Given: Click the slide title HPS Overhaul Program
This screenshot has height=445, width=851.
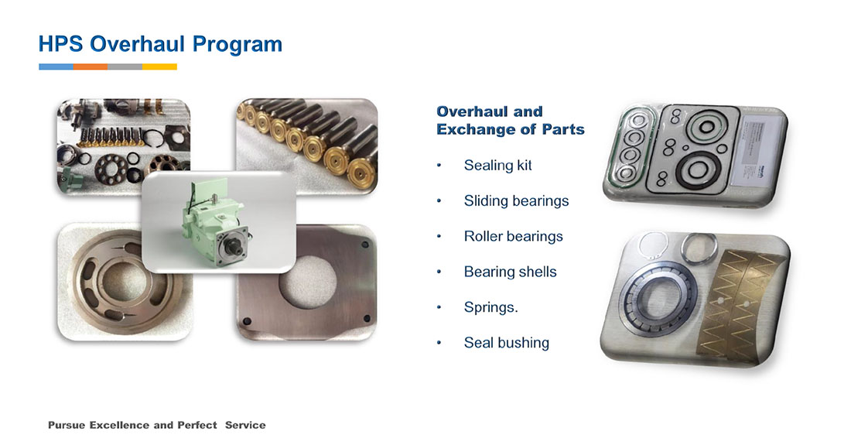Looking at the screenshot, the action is coord(160,44).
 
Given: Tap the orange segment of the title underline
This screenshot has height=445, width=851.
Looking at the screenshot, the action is coord(90,67).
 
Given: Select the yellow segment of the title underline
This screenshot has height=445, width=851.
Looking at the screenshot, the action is coord(159,67).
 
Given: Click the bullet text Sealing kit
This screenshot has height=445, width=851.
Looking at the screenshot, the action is coord(497,166).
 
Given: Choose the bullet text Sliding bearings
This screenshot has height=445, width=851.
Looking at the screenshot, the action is coord(516,200).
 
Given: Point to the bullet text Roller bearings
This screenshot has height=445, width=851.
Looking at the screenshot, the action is coord(513,237).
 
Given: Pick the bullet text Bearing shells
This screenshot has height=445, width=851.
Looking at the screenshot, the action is coord(510,272).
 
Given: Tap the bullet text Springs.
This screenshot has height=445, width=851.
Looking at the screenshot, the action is coord(490,307).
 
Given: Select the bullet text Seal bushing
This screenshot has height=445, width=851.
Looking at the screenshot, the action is coord(507,343).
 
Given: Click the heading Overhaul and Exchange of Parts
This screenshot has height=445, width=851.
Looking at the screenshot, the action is coord(510,121).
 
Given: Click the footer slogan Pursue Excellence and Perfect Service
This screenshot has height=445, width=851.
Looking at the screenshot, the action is coord(157,425).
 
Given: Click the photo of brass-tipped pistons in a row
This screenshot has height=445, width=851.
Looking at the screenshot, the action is coord(306,146).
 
